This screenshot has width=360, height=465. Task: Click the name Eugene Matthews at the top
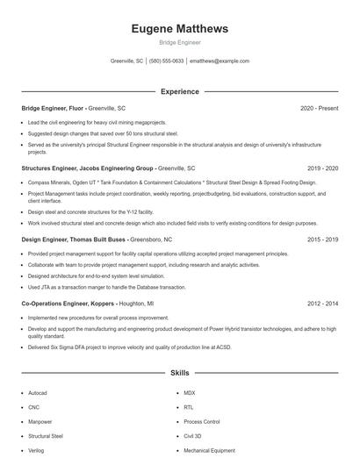[179, 29]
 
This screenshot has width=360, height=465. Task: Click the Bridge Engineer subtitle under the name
[179, 42]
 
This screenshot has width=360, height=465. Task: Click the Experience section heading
[179, 91]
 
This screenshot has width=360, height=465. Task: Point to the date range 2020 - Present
[319, 109]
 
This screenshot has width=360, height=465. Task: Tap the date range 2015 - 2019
[322, 239]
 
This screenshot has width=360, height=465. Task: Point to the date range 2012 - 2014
[322, 303]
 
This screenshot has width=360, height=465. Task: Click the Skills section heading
[179, 373]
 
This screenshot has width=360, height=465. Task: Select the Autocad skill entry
[38, 394]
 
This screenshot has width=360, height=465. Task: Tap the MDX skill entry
[189, 394]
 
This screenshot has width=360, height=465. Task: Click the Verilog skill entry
[37, 449]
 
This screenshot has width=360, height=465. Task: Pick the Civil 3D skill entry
[193, 435]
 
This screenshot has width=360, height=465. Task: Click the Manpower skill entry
[40, 421]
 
